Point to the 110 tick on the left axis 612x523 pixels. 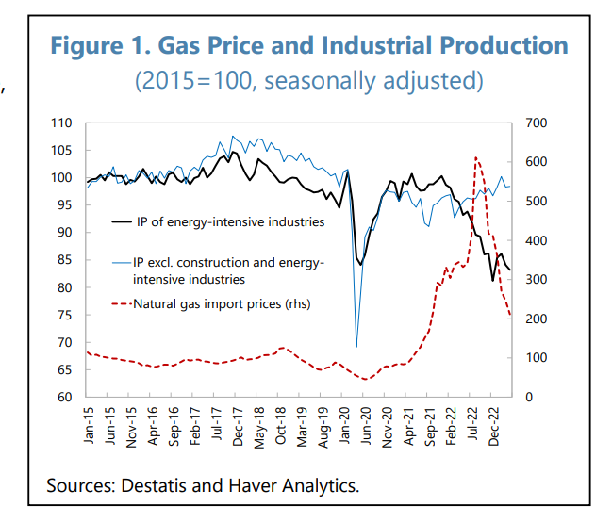coord(61,123)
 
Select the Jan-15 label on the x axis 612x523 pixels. coord(90,429)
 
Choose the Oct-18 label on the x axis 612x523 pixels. coord(282,429)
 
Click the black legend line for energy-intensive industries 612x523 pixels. coord(119,222)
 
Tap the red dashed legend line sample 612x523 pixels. coord(119,303)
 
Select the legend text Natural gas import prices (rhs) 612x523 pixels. coord(222,303)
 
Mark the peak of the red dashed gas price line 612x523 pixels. coord(476,157)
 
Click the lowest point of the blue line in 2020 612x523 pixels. coord(356,347)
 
